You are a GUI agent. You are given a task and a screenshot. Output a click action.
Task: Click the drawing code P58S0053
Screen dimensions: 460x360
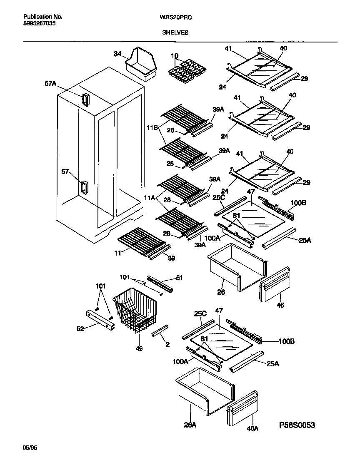pos(297,425)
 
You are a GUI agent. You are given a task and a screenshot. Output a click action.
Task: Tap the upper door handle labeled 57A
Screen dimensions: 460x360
pos(85,100)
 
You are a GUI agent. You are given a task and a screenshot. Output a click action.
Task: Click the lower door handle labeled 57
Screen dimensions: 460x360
pos(84,188)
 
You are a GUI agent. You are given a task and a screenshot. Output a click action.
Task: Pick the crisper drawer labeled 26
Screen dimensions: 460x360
pos(235,267)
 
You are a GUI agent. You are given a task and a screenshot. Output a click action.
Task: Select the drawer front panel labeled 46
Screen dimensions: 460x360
pos(275,284)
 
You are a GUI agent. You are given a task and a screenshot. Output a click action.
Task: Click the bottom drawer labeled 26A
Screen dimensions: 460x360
pos(204,390)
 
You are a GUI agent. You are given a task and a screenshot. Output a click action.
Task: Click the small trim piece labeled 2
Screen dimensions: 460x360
pos(161,331)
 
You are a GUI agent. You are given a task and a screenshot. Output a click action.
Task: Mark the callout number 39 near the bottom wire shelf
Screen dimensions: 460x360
pos(171,258)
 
